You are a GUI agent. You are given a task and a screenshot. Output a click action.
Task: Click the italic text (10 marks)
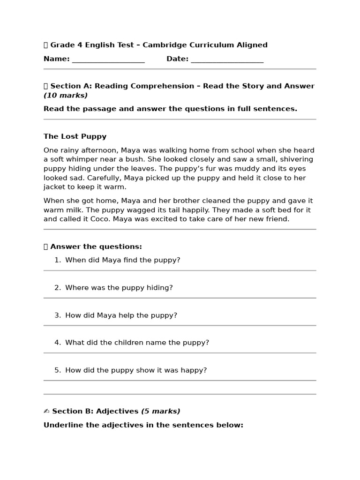pos(66,95)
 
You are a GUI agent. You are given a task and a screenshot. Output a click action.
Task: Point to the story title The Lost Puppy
pos(75,136)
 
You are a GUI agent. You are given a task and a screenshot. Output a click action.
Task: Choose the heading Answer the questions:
pos(96,247)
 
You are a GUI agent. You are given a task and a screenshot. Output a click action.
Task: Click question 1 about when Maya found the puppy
pos(122,260)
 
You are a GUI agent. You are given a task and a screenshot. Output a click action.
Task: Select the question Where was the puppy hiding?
pos(119,287)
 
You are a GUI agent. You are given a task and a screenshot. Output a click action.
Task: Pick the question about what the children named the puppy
pos(137,343)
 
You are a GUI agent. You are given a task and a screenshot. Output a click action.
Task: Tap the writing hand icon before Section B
pos(46,411)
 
